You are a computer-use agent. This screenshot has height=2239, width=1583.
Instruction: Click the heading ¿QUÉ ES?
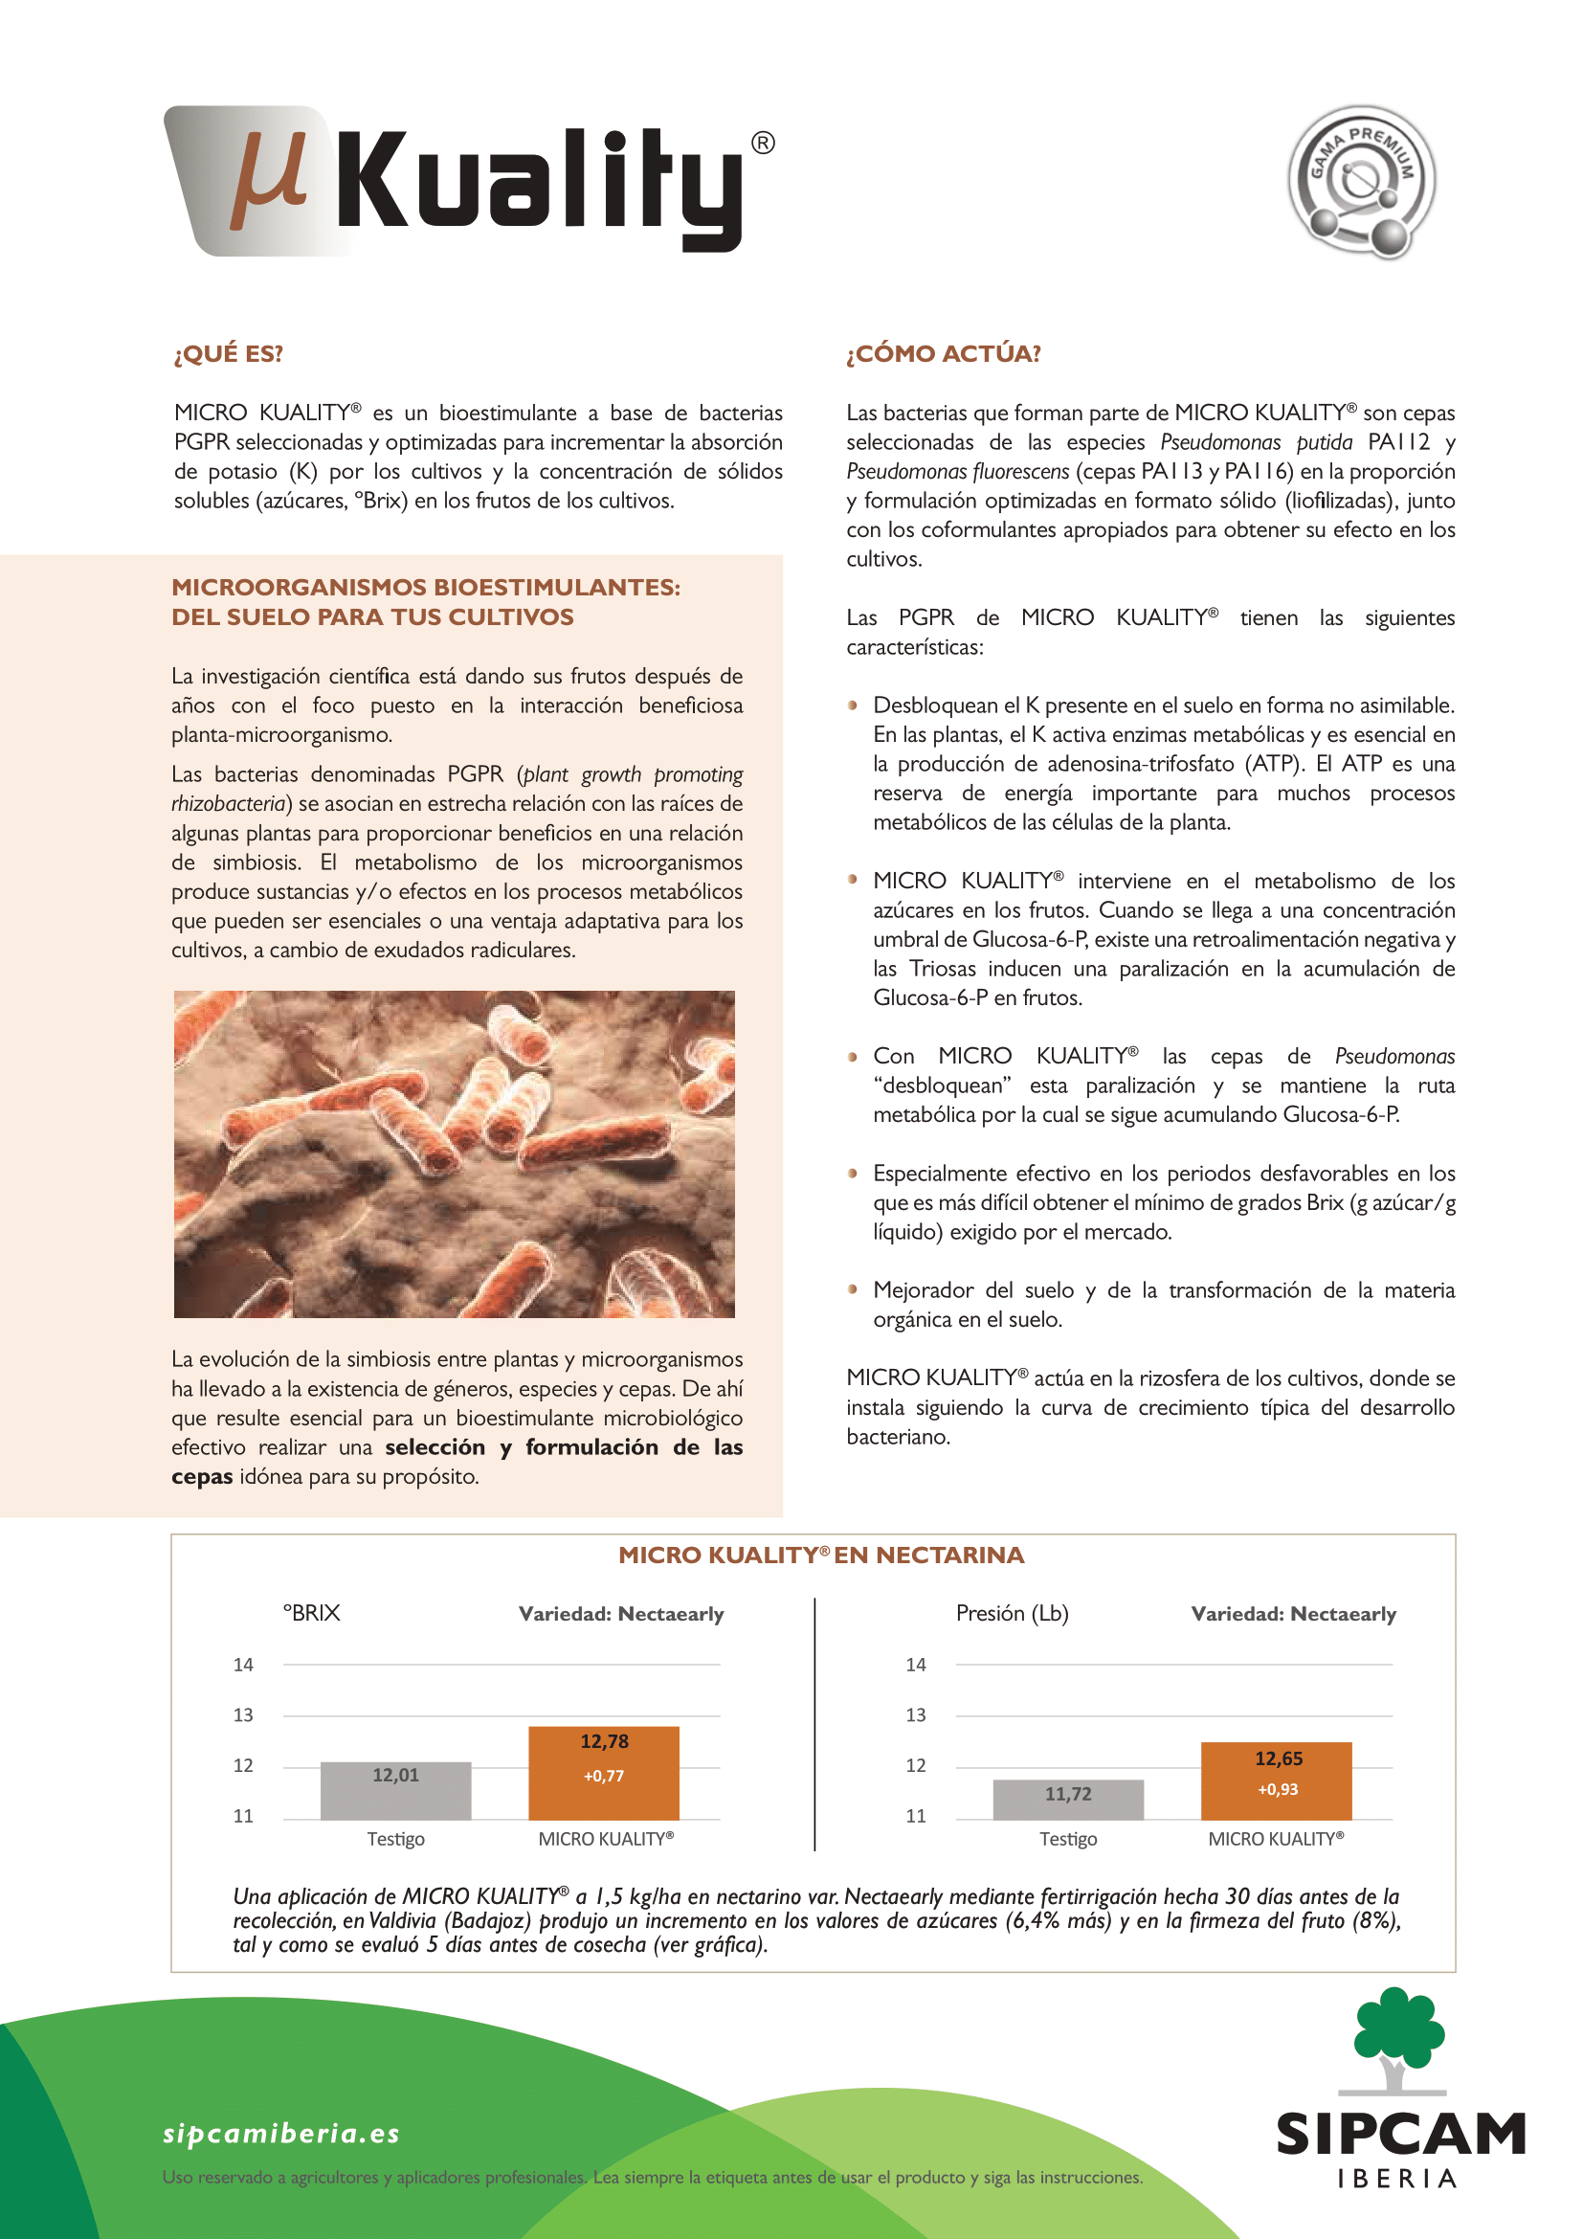(228, 353)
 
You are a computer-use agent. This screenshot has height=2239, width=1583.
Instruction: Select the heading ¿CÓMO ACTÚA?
(943, 353)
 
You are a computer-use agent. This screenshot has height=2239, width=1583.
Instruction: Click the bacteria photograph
(455, 1153)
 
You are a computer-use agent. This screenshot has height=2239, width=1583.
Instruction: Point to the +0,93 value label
(1277, 1789)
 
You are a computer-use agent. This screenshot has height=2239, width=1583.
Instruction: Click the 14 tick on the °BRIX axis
(243, 1665)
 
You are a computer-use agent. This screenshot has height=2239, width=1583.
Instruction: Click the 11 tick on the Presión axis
(915, 1816)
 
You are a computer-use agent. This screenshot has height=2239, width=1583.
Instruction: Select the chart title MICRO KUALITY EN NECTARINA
(821, 1556)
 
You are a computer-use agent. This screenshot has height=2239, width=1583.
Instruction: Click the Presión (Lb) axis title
(1012, 1613)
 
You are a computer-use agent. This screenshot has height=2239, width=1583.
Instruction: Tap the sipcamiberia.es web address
(281, 2133)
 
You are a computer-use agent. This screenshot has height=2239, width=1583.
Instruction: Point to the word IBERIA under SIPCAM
(1397, 2180)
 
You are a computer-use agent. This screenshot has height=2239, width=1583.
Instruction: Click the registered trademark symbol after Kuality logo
(763, 144)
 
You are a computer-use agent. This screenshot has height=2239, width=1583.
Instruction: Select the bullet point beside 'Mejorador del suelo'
(853, 1289)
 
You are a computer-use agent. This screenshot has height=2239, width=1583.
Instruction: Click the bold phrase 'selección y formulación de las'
(564, 1447)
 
